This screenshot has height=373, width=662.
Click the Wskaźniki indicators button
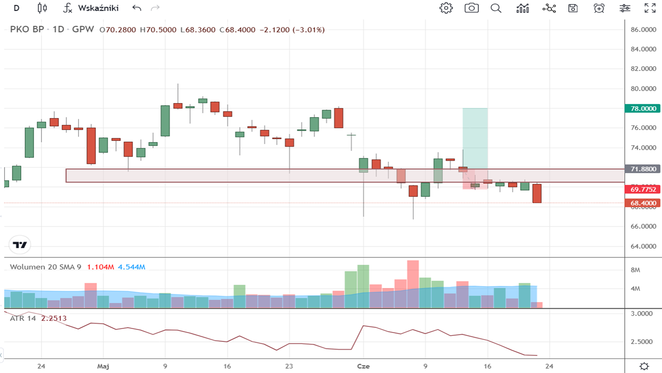pyautogui.click(x=91, y=8)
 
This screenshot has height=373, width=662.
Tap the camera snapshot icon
pyautogui.click(x=471, y=8)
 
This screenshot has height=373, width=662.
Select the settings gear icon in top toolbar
pyautogui.click(x=446, y=8)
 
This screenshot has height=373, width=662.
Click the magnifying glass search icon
pyautogui.click(x=496, y=8)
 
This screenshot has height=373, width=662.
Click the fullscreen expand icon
pyautogui.click(x=650, y=8)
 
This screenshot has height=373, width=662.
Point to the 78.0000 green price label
pyautogui.click(x=643, y=108)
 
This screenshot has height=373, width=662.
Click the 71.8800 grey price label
pyautogui.click(x=643, y=169)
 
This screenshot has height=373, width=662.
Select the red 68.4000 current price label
pyautogui.click(x=643, y=203)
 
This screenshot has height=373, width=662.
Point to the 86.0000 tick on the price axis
pyautogui.click(x=643, y=30)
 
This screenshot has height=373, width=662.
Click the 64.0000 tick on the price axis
pyautogui.click(x=643, y=246)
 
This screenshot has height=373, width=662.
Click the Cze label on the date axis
pyautogui.click(x=364, y=366)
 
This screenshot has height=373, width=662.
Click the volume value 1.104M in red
pyautogui.click(x=100, y=267)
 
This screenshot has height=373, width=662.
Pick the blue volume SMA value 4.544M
pyautogui.click(x=131, y=267)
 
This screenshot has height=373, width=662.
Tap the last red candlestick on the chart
pyautogui.click(x=537, y=193)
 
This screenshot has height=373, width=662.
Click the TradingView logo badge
pyautogui.click(x=21, y=245)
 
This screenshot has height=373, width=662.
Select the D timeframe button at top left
pyautogui.click(x=17, y=8)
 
